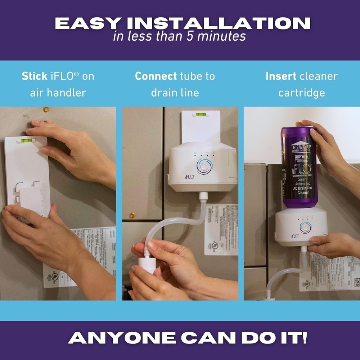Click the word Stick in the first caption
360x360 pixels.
[x=34, y=76]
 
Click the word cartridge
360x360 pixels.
[x=301, y=93]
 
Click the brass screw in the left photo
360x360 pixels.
[x=46, y=109]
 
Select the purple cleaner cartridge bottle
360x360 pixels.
[x=298, y=167]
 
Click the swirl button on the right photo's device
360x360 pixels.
[x=305, y=227]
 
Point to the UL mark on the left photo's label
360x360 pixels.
[x=55, y=277]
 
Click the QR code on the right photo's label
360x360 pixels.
[x=356, y=282]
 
